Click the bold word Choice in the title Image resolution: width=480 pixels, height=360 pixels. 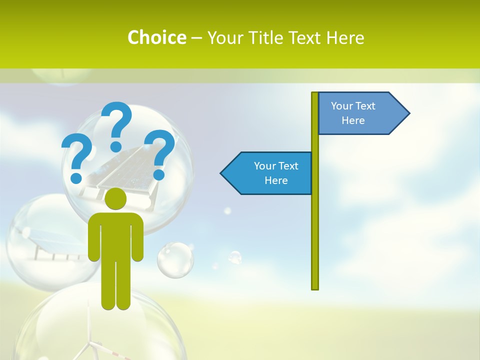point(156,37)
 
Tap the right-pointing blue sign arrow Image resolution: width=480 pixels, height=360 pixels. point(362,113)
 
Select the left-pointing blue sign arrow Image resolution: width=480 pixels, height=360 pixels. point(267,173)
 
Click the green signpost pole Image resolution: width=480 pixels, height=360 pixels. point(315,225)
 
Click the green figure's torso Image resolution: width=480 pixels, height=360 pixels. point(116,235)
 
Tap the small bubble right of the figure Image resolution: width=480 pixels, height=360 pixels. point(175,259)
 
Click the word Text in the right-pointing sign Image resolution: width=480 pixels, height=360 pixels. point(365,106)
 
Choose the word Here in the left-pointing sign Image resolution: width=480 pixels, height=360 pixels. point(276,180)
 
